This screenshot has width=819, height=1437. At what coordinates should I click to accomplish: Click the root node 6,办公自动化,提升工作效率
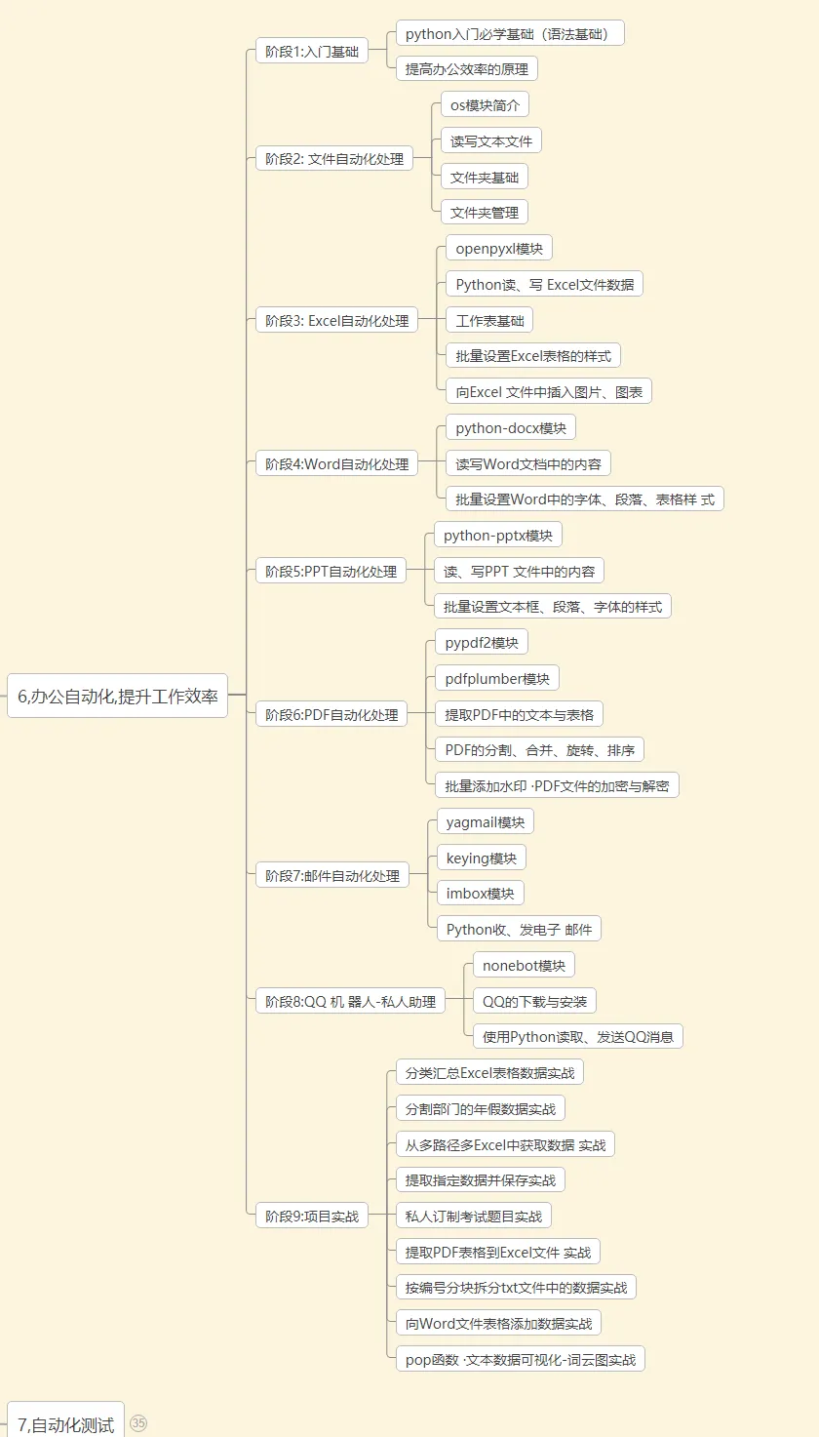pyautogui.click(x=117, y=698)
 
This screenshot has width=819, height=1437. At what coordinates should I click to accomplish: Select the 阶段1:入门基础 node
pyautogui.click(x=311, y=52)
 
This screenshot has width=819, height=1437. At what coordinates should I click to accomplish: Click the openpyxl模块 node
pyautogui.click(x=498, y=249)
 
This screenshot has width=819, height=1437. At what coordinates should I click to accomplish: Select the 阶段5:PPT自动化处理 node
pyautogui.click(x=331, y=572)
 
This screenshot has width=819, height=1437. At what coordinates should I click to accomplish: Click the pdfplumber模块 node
pyautogui.click(x=496, y=679)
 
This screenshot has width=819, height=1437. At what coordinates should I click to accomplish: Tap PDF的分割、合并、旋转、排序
pyautogui.click(x=538, y=750)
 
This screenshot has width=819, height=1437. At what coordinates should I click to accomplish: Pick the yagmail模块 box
pyautogui.click(x=485, y=822)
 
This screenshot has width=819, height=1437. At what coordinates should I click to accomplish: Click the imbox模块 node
pyautogui.click(x=480, y=894)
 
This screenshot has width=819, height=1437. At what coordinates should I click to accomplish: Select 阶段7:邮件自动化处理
pyautogui.click(x=332, y=876)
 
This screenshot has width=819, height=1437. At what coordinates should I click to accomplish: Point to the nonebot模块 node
pyautogui.click(x=524, y=966)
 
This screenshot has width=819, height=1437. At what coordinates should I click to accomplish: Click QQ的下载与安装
pyautogui.click(x=534, y=1002)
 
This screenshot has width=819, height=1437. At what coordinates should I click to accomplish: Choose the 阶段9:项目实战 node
pyautogui.click(x=312, y=1217)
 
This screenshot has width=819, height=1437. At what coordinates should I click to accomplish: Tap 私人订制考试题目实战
pyautogui.click(x=474, y=1216)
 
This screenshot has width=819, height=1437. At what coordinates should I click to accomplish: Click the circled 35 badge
pyautogui.click(x=138, y=1423)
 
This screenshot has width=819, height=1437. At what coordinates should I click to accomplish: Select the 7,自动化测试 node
pyautogui.click(x=65, y=1424)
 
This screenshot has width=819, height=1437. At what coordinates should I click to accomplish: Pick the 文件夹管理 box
pyautogui.click(x=484, y=213)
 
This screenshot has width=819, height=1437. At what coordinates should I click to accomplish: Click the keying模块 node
pyautogui.click(x=481, y=858)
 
